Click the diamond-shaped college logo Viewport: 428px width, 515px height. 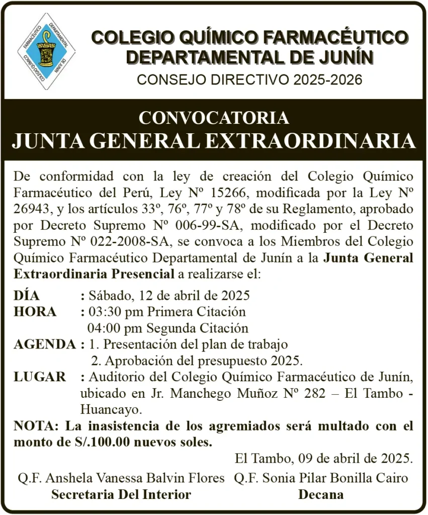click(x=46, y=51)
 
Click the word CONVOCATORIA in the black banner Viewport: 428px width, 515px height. click(x=214, y=118)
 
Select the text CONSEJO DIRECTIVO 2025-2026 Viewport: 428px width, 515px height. click(x=249, y=79)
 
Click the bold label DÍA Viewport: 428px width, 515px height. click(x=27, y=295)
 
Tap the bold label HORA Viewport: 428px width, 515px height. click(x=35, y=311)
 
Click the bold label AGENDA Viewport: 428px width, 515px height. click(x=45, y=345)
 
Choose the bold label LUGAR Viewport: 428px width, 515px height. click(x=40, y=377)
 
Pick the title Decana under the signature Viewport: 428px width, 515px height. click(x=321, y=494)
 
